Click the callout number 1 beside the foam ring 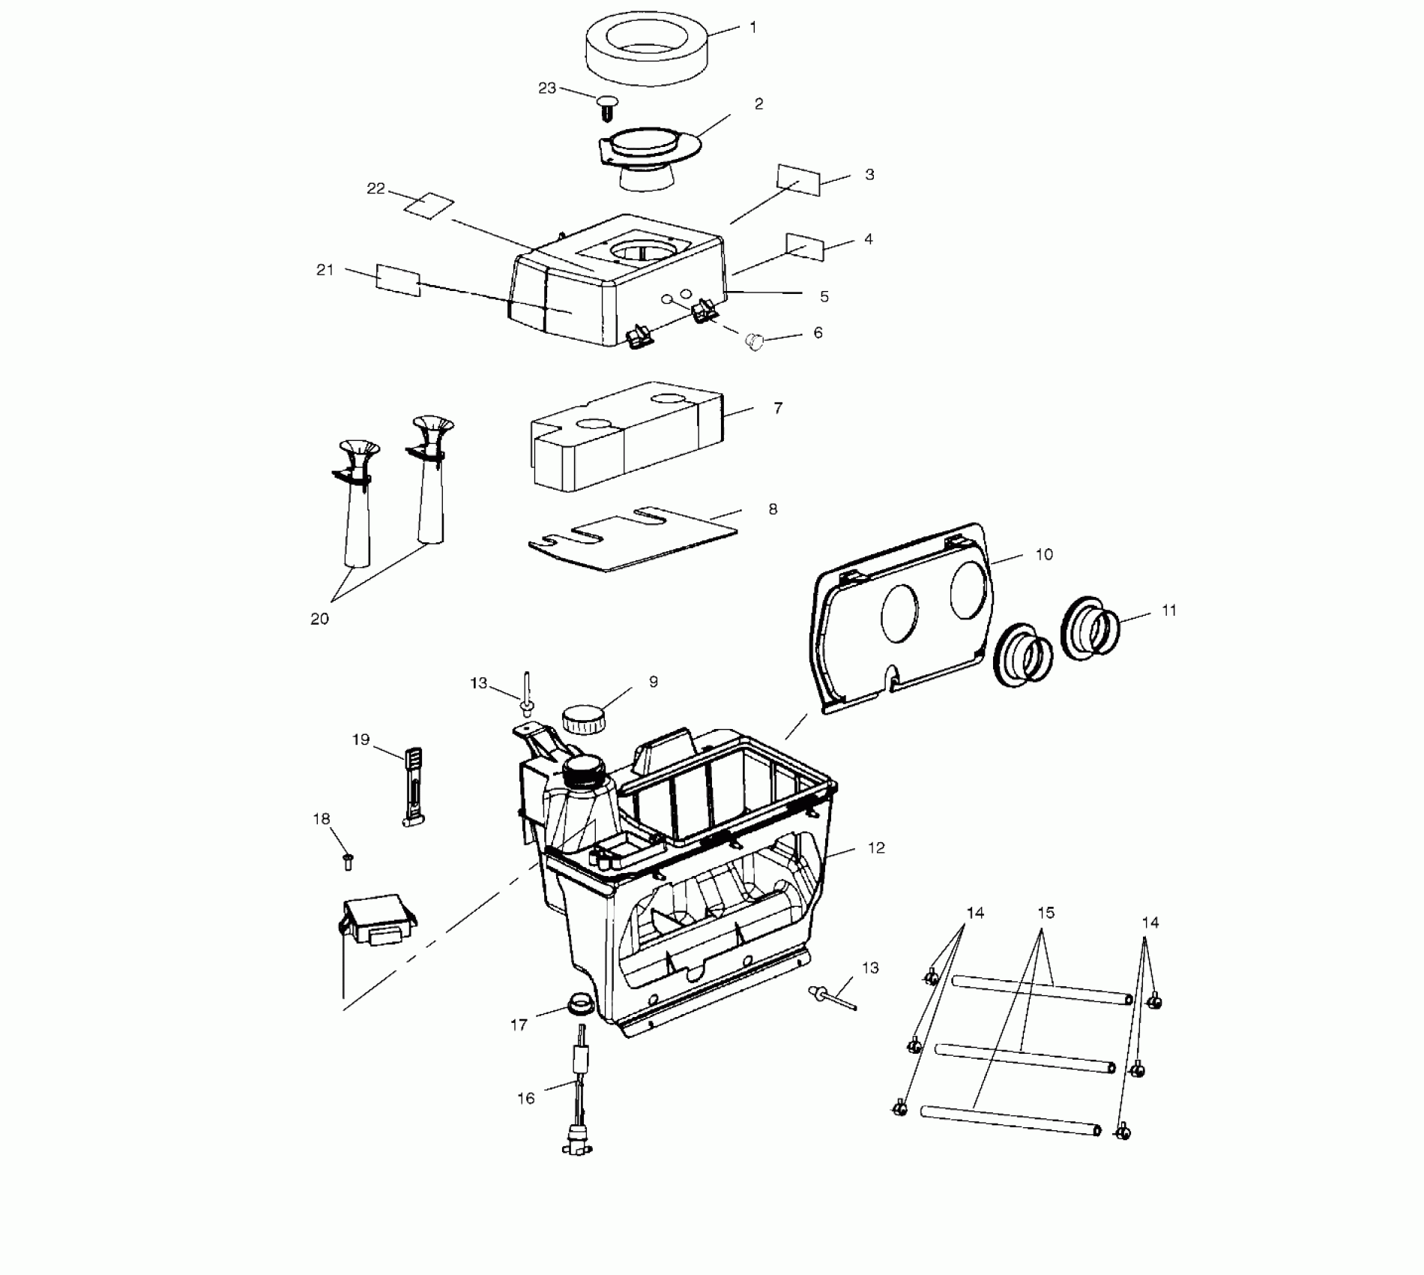click(x=753, y=28)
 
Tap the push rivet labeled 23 click(x=607, y=106)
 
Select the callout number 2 click(x=758, y=104)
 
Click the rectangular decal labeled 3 click(x=799, y=180)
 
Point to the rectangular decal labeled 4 click(x=805, y=246)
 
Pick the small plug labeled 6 click(x=753, y=342)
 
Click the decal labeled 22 click(x=429, y=205)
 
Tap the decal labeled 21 click(x=397, y=280)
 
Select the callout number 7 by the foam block click(x=778, y=408)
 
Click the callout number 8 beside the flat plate click(x=773, y=509)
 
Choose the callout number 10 click(x=1044, y=554)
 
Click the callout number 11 click(x=1169, y=610)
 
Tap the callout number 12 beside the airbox click(x=876, y=847)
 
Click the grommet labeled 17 click(x=578, y=1003)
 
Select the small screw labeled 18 click(x=347, y=862)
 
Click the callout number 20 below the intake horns click(x=320, y=619)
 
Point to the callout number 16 click(x=526, y=1098)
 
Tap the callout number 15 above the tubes click(x=1046, y=913)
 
